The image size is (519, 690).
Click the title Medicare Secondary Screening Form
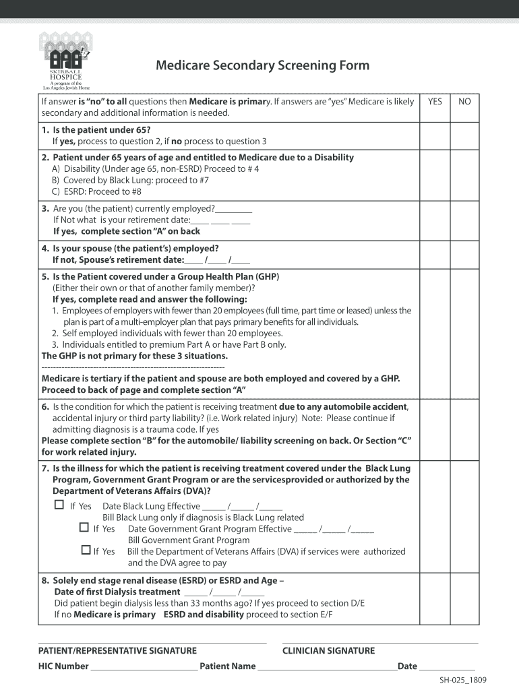[262, 65]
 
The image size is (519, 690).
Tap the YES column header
[435, 101]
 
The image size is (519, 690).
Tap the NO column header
[464, 101]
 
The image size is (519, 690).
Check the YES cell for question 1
[435, 135]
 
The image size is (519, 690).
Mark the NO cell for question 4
[464, 254]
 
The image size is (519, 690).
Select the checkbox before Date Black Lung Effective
[59, 505]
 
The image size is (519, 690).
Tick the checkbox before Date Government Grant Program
[84, 528]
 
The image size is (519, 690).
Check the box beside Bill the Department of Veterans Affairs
[86, 551]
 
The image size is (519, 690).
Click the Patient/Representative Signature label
[117, 650]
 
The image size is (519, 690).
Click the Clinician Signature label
[328, 650]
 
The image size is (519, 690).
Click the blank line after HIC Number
[144, 668]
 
